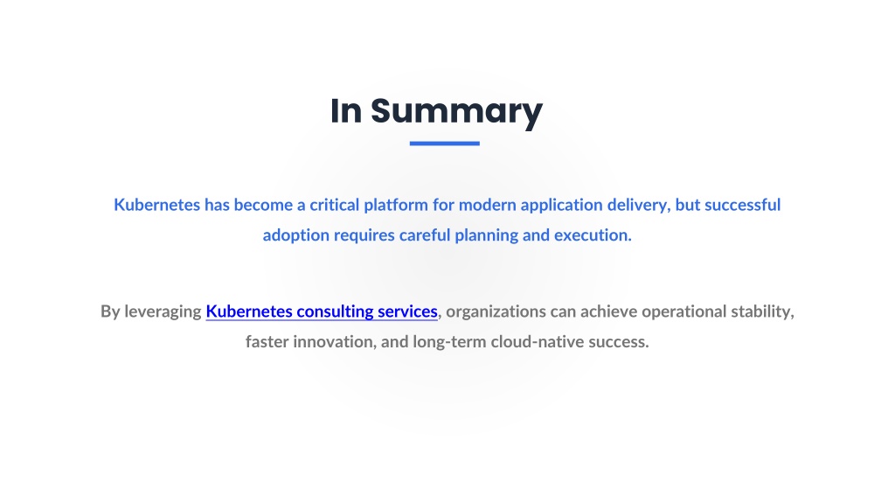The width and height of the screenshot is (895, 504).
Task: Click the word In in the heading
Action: point(346,110)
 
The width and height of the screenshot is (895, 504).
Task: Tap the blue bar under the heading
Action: point(445,143)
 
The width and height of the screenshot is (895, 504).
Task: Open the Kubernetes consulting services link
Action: point(322,311)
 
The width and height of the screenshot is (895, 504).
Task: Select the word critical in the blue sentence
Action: point(335,205)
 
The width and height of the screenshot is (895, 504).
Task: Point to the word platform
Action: point(396,206)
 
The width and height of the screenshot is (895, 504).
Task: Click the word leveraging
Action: point(163,312)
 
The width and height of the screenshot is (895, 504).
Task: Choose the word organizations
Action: point(496,312)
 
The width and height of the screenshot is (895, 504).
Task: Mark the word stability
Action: point(762,312)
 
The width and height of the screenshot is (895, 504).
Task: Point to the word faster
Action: point(267,341)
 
